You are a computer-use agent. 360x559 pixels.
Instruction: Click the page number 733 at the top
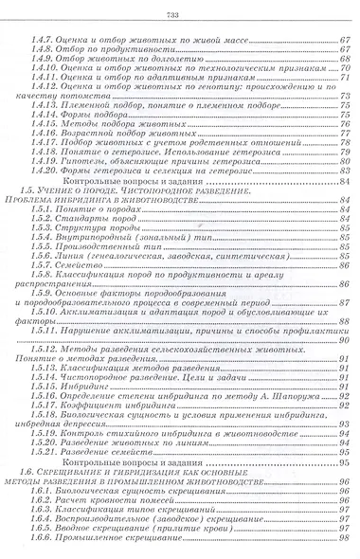(179, 13)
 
